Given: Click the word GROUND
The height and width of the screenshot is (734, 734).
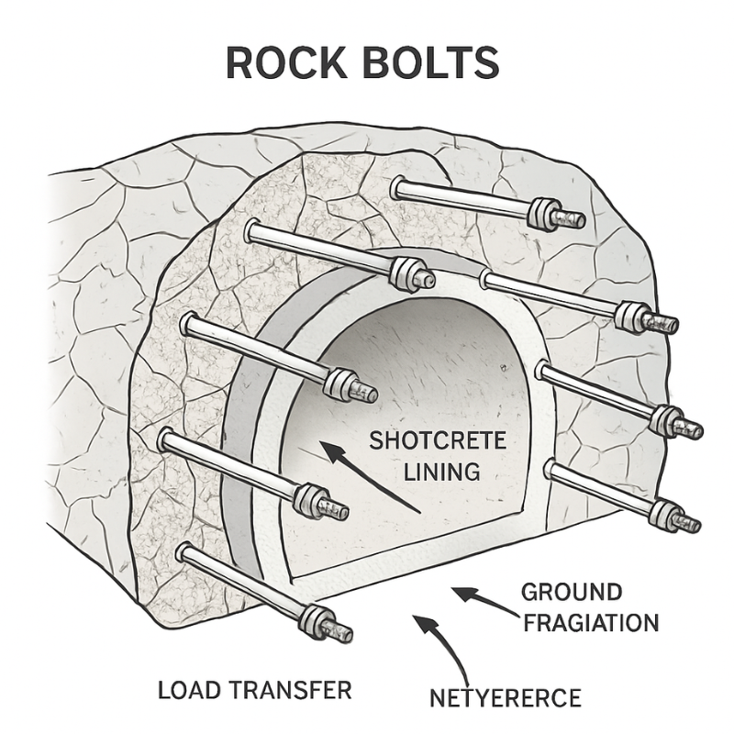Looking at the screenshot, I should [x=572, y=592].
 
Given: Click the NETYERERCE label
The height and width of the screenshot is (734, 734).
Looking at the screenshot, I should [x=505, y=699].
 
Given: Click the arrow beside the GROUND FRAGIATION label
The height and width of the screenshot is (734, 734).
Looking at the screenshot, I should [x=477, y=601].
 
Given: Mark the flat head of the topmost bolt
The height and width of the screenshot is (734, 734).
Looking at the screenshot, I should [x=398, y=188].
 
